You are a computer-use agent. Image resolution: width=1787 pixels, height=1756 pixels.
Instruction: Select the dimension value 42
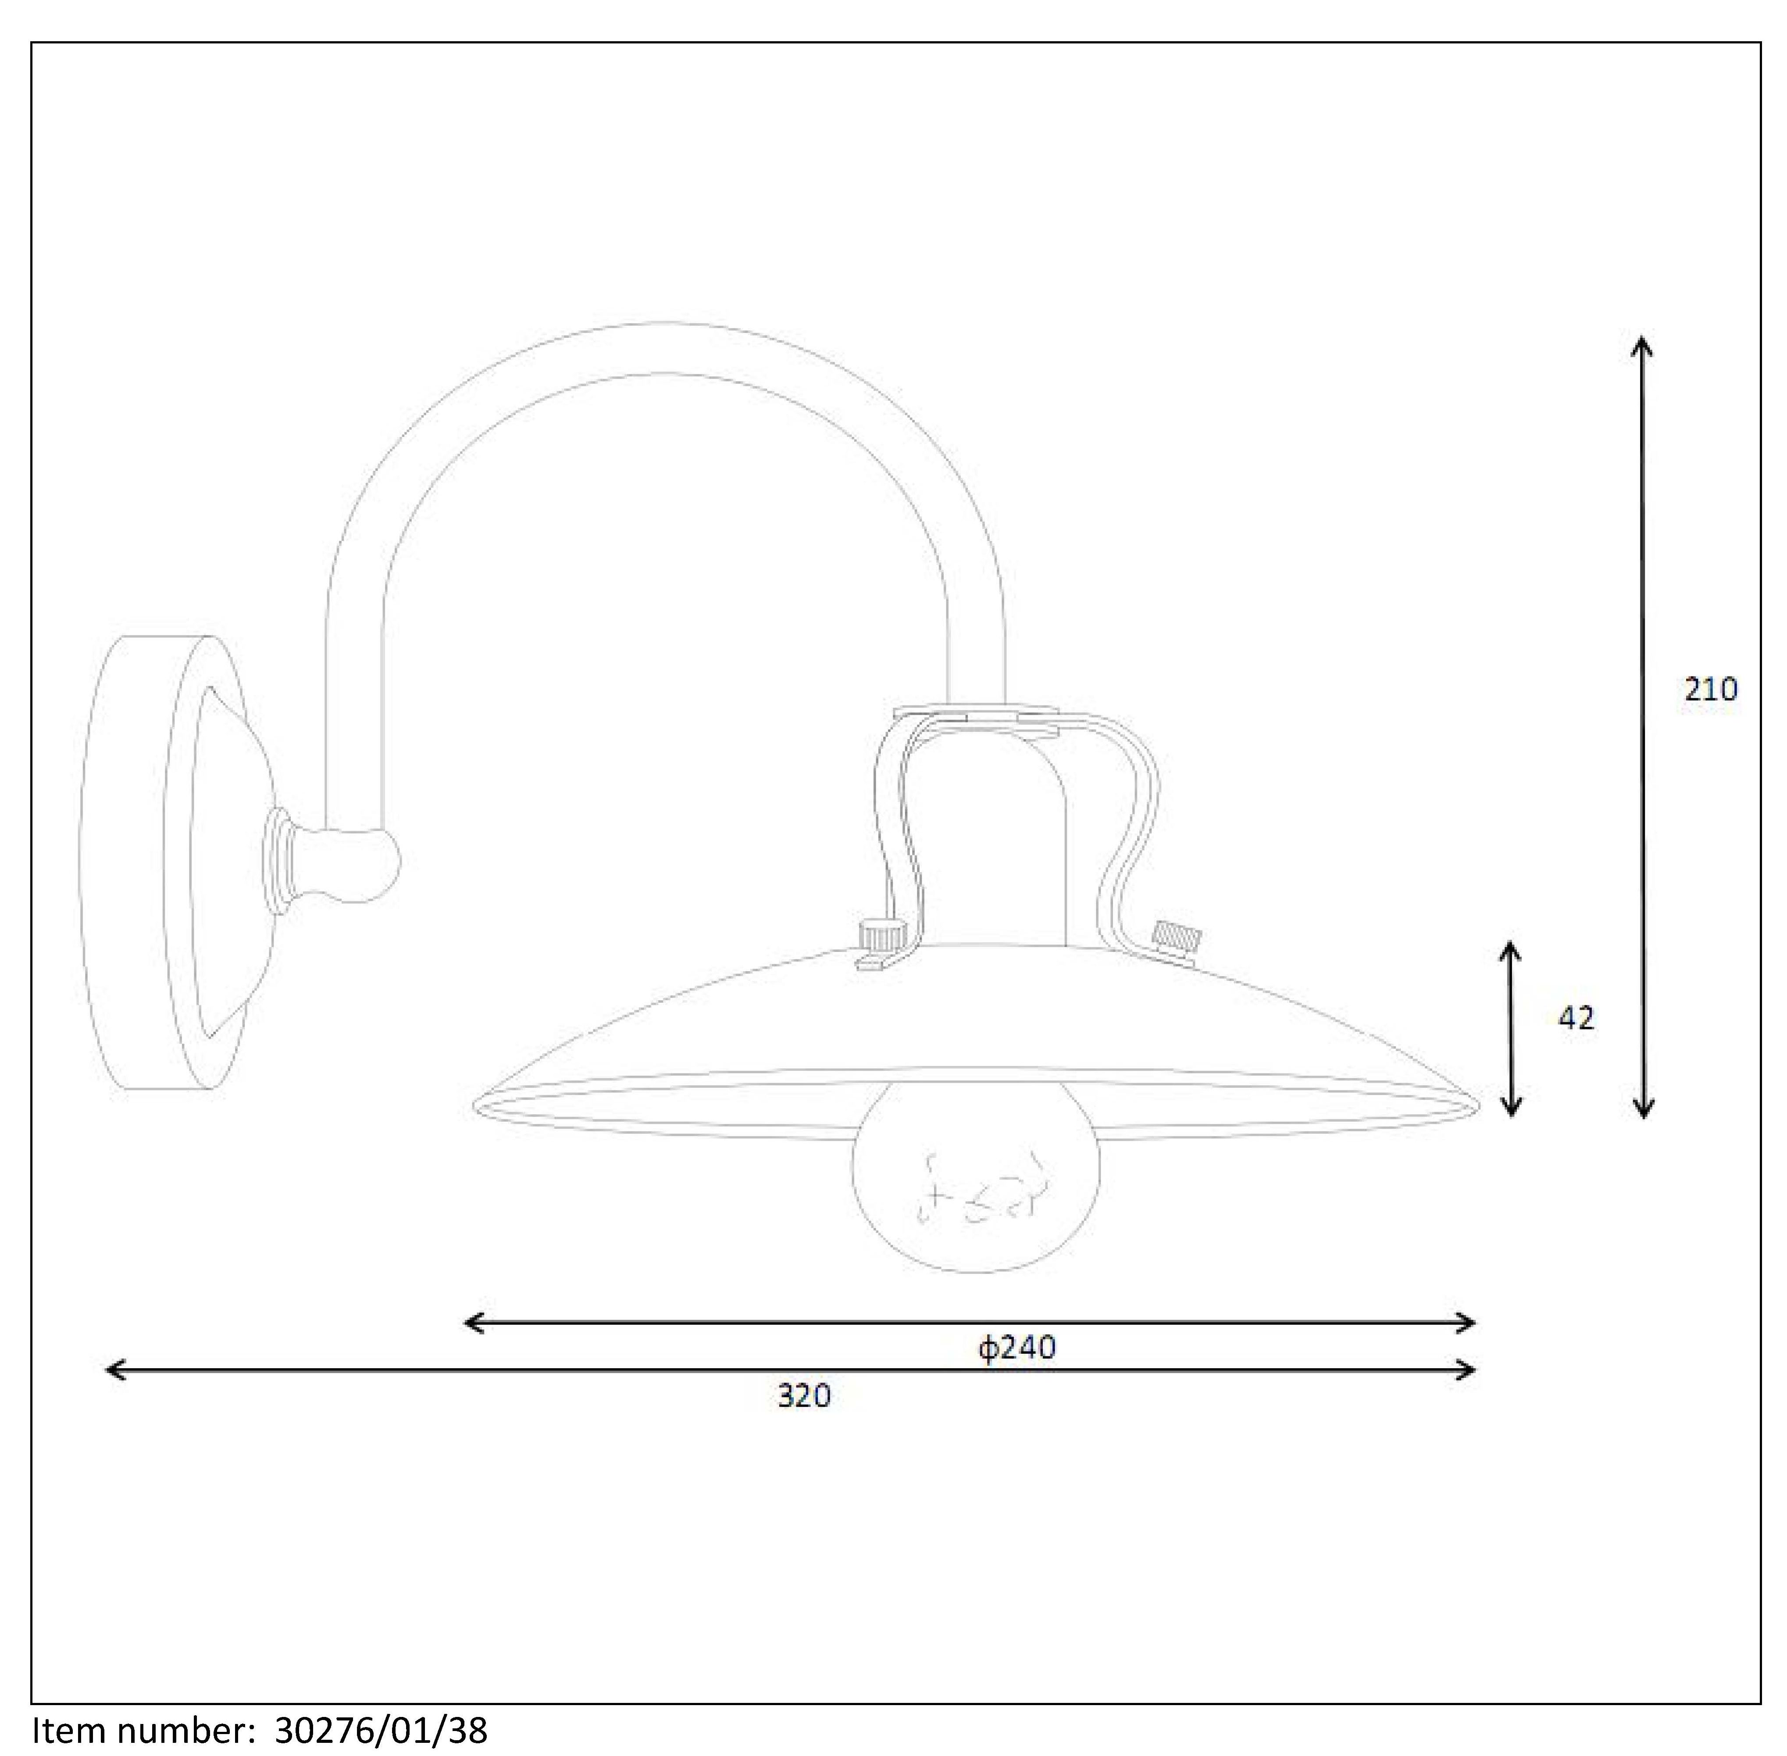click(x=1576, y=1018)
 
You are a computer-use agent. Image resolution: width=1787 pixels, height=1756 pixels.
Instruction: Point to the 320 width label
click(x=804, y=1395)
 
